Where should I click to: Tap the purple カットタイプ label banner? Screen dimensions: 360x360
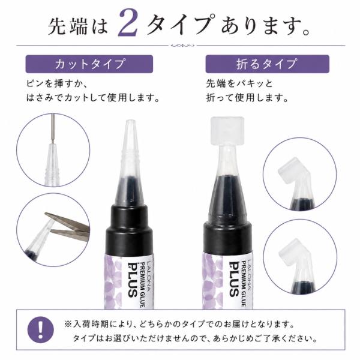point(89,64)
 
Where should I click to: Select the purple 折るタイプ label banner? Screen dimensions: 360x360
point(267,64)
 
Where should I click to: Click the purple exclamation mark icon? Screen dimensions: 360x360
point(41,330)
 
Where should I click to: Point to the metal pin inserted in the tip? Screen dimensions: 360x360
point(53,128)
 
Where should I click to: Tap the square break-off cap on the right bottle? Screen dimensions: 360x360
point(227,130)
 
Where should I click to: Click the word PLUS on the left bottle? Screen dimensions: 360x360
point(133,280)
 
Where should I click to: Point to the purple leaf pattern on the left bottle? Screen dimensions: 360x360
point(113,283)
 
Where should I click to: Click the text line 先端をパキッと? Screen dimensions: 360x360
point(239,83)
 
